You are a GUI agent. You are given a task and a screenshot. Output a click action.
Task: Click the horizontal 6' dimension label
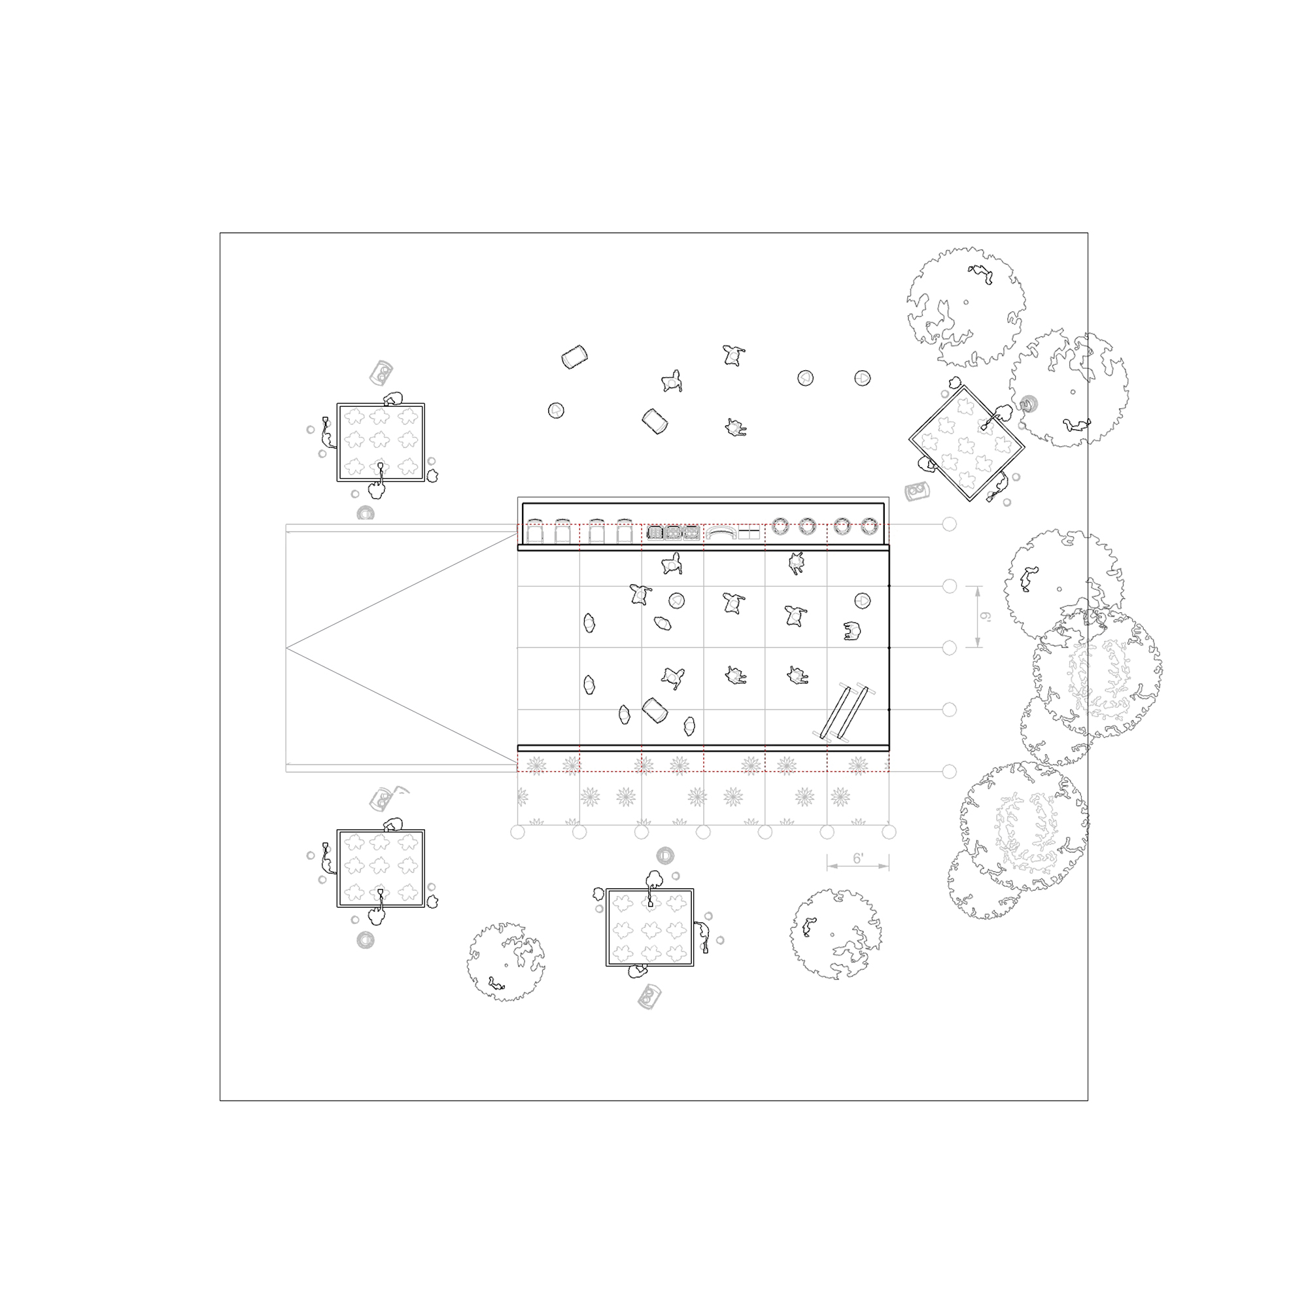point(858,859)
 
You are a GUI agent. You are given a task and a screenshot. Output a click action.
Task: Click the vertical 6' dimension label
point(986,617)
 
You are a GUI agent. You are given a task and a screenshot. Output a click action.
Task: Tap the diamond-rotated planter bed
point(966,444)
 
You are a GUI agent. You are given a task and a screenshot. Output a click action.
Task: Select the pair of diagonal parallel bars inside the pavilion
point(844,712)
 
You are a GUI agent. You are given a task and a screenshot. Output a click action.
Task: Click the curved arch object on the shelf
point(720,532)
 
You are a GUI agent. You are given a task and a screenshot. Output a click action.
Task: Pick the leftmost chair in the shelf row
point(535,532)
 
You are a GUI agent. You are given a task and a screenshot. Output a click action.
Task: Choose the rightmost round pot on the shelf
point(869,526)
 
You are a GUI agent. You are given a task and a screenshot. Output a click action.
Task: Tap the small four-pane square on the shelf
point(749,534)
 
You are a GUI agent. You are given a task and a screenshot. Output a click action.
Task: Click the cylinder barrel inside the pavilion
point(655,710)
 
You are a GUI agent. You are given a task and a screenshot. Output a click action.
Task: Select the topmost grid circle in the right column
point(949,524)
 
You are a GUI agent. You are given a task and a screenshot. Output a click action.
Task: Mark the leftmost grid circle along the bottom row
point(518,832)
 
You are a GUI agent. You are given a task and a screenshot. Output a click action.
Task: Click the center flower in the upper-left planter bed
point(380,441)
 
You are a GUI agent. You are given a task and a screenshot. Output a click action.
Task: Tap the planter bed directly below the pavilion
point(650,927)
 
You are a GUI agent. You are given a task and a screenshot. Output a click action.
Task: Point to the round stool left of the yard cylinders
point(556,410)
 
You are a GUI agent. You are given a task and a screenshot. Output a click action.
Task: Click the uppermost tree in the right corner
point(966,304)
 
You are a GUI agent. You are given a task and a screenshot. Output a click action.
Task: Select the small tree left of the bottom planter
point(506,961)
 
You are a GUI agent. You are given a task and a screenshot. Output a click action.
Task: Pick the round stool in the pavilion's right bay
point(862,600)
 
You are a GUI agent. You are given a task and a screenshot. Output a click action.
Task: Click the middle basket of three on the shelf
point(673,533)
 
